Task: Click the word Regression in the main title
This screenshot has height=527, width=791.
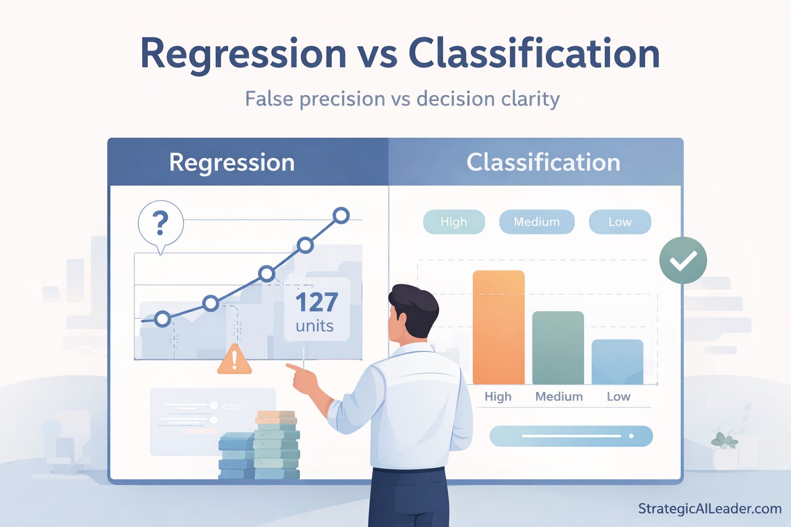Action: click(x=243, y=54)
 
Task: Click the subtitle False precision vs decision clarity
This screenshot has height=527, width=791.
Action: click(x=402, y=99)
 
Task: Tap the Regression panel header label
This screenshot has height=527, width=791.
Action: click(x=232, y=163)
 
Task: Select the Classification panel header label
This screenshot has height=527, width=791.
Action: click(x=543, y=163)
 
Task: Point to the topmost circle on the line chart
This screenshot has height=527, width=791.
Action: click(x=340, y=215)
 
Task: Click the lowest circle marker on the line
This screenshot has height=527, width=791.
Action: click(x=162, y=319)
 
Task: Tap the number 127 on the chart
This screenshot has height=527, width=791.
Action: click(x=316, y=303)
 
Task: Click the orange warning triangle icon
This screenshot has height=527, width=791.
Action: click(x=234, y=359)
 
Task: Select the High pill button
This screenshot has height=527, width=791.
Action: click(x=454, y=222)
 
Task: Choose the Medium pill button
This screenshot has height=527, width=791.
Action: click(x=537, y=222)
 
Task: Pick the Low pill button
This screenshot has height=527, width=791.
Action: click(x=620, y=222)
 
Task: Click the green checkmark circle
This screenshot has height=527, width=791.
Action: click(x=683, y=260)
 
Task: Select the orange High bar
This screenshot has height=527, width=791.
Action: click(x=498, y=327)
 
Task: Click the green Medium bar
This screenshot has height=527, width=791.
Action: click(x=558, y=348)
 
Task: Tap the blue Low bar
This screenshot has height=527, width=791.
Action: click(x=617, y=362)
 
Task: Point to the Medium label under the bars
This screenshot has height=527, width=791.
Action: click(x=559, y=397)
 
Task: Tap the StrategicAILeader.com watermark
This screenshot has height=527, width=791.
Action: click(x=709, y=509)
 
